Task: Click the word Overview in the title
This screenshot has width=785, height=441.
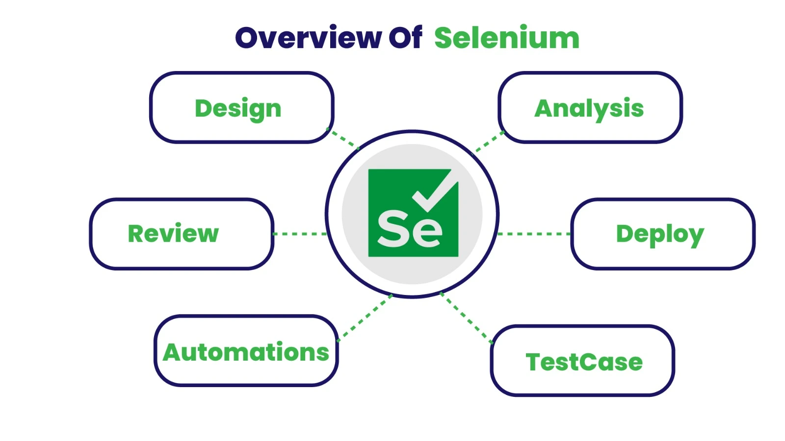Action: click(308, 38)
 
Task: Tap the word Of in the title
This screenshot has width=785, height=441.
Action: click(405, 38)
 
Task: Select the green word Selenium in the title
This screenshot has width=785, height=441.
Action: click(506, 38)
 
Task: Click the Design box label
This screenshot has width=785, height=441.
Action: click(238, 108)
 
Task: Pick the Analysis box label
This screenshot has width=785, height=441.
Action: click(589, 108)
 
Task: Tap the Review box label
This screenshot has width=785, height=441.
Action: click(173, 233)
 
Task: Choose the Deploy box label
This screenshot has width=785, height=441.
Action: click(660, 234)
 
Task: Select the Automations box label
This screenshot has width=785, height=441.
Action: click(246, 352)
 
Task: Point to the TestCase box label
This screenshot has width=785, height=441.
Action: click(584, 362)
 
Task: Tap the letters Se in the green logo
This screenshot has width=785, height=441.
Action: click(410, 229)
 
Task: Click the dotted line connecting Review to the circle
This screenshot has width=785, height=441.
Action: click(299, 234)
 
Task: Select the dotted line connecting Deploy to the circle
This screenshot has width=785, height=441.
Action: click(534, 234)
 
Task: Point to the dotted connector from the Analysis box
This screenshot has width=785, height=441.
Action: click(489, 142)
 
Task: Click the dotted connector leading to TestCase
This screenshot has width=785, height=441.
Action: click(466, 318)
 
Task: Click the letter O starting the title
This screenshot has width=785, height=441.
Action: click(249, 38)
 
